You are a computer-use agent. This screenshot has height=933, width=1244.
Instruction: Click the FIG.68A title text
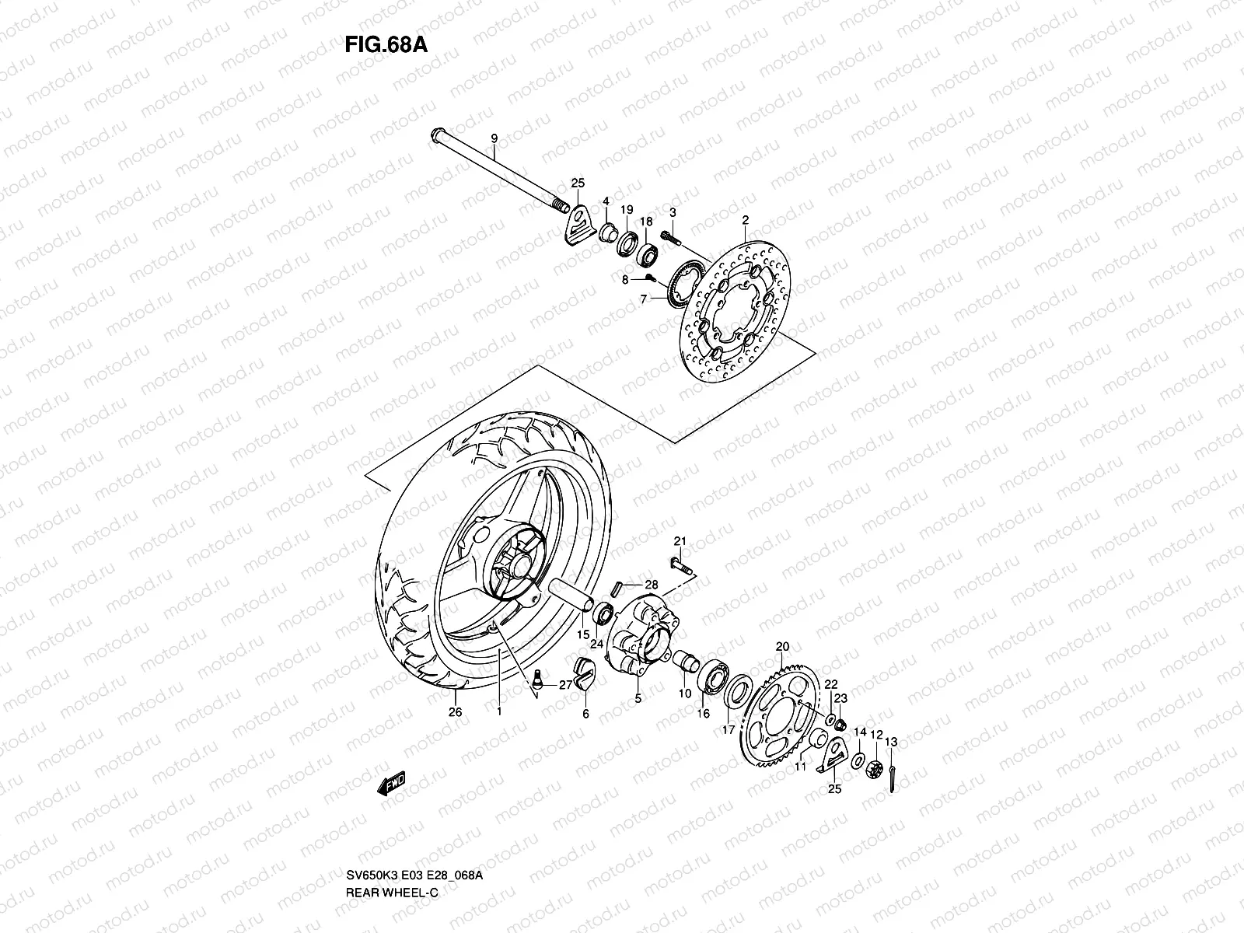coord(386,44)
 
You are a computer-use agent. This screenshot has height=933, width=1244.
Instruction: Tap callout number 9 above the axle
coord(515,138)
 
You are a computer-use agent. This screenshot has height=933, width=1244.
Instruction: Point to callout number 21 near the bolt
coord(680,541)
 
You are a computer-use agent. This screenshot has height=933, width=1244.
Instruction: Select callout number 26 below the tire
coord(456,711)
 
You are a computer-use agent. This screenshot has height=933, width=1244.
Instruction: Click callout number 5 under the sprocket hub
coord(638,699)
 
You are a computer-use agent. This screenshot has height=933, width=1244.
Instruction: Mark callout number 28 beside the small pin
coord(651,585)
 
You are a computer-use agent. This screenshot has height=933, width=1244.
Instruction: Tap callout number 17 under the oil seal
coord(729,730)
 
